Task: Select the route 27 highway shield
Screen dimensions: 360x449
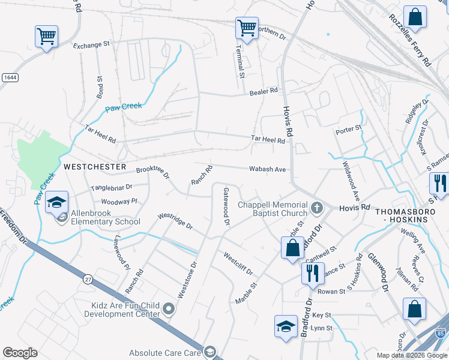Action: click(88, 279)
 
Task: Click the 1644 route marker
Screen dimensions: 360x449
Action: click(9, 77)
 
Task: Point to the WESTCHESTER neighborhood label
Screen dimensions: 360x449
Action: click(95, 166)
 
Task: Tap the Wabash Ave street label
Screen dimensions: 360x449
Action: click(268, 169)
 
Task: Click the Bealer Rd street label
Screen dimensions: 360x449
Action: click(264, 91)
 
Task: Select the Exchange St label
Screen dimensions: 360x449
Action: click(92, 44)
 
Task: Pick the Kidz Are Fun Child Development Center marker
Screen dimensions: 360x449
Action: click(169, 310)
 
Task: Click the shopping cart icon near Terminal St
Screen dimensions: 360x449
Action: click(247, 27)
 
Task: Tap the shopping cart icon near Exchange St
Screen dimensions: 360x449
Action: click(46, 36)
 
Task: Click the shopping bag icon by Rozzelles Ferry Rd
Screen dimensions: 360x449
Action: click(415, 17)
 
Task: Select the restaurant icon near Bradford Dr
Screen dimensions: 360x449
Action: click(312, 272)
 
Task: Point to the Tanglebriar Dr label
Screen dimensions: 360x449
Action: click(111, 188)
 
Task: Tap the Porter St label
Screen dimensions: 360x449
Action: click(349, 128)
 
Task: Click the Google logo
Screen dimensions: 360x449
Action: click(20, 353)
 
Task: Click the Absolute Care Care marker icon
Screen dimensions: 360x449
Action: click(209, 352)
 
